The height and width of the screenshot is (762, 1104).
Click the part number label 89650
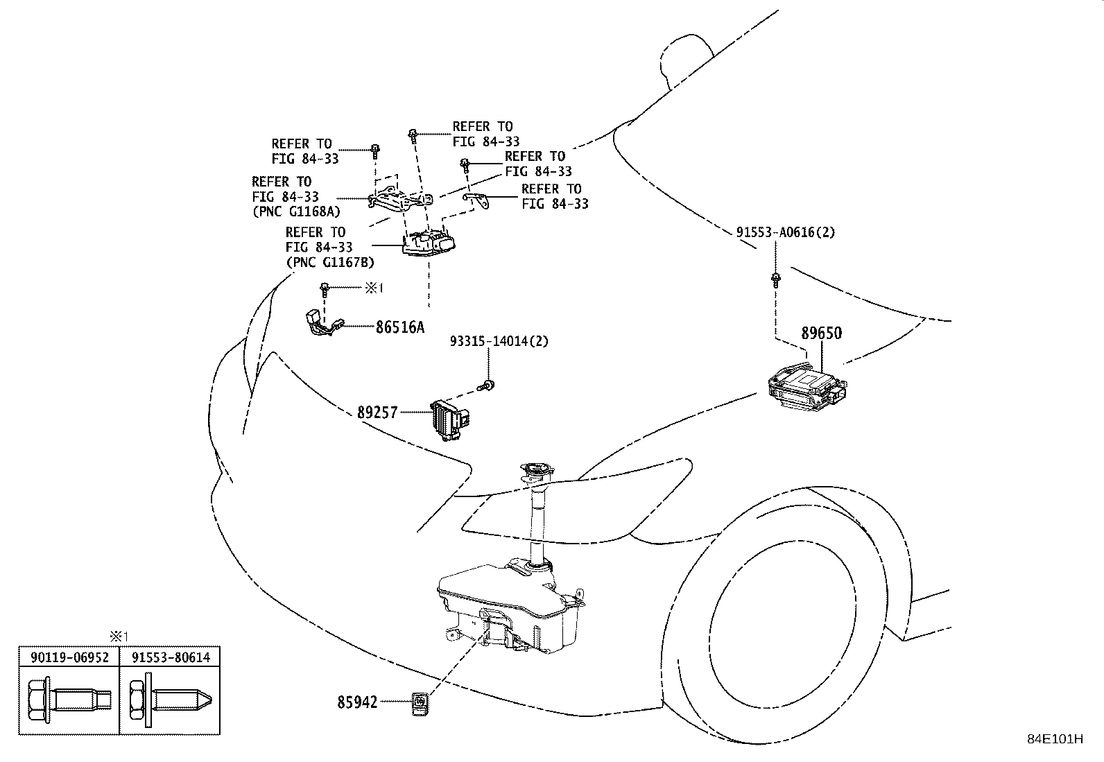(821, 333)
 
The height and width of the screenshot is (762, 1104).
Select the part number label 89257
(377, 413)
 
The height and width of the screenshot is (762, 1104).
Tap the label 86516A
(400, 327)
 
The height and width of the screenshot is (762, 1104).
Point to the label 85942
(357, 703)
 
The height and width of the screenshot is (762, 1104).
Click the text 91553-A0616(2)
(786, 232)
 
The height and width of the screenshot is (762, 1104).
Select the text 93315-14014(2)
(499, 341)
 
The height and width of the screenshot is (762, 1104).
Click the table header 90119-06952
(69, 657)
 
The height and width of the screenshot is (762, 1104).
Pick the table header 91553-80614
(170, 657)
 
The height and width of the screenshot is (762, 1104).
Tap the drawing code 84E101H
(1054, 738)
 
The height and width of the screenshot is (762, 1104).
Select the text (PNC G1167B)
(330, 262)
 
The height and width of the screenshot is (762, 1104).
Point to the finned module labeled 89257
(451, 419)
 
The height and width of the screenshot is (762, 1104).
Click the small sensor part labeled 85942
(420, 703)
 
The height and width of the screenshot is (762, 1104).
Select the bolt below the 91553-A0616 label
(775, 281)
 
